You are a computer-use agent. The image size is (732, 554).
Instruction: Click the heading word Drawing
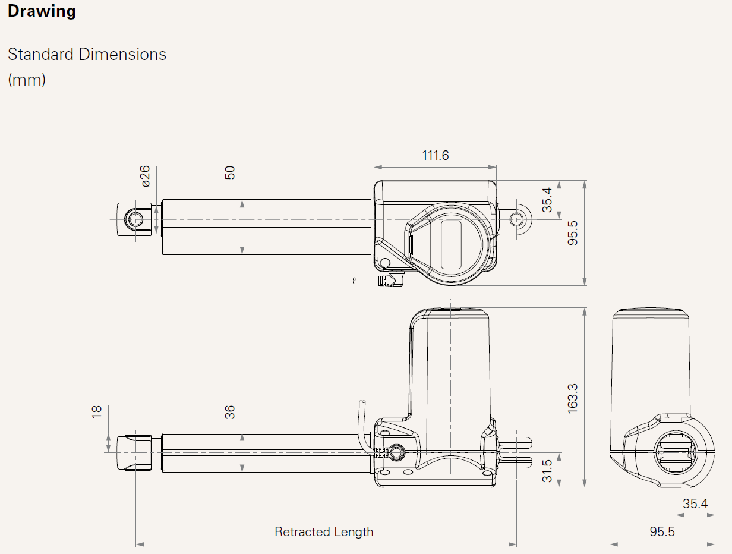[x=42, y=12]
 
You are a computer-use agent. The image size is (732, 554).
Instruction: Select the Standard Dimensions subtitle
[x=87, y=54]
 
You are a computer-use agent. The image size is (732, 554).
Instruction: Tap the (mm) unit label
[x=27, y=80]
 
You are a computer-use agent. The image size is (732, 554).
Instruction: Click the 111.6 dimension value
[x=436, y=155]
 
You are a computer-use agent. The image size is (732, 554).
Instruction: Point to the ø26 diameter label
[x=146, y=177]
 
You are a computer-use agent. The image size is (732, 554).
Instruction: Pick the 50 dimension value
[x=230, y=173]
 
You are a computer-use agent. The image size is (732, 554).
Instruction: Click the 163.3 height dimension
[x=572, y=399]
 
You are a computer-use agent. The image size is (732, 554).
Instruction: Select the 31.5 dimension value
[x=547, y=471]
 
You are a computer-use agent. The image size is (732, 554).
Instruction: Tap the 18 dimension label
[x=96, y=412]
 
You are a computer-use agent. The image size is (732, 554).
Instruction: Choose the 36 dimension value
[x=230, y=413]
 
